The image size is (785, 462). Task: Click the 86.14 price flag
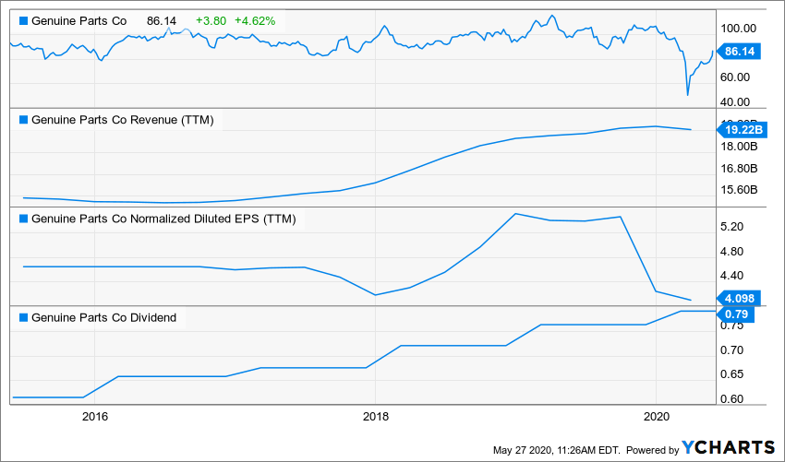click(740, 53)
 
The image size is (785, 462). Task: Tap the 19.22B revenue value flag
click(740, 131)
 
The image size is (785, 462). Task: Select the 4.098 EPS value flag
click(739, 298)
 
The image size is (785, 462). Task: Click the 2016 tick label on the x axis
click(95, 416)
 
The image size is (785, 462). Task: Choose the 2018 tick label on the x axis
click(375, 416)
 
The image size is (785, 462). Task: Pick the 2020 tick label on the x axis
click(655, 416)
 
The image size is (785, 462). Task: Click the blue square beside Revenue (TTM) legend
click(23, 120)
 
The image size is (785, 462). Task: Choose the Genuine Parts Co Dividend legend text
click(103, 318)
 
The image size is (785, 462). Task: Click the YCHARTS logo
click(728, 447)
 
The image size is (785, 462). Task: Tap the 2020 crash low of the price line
click(687, 94)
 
